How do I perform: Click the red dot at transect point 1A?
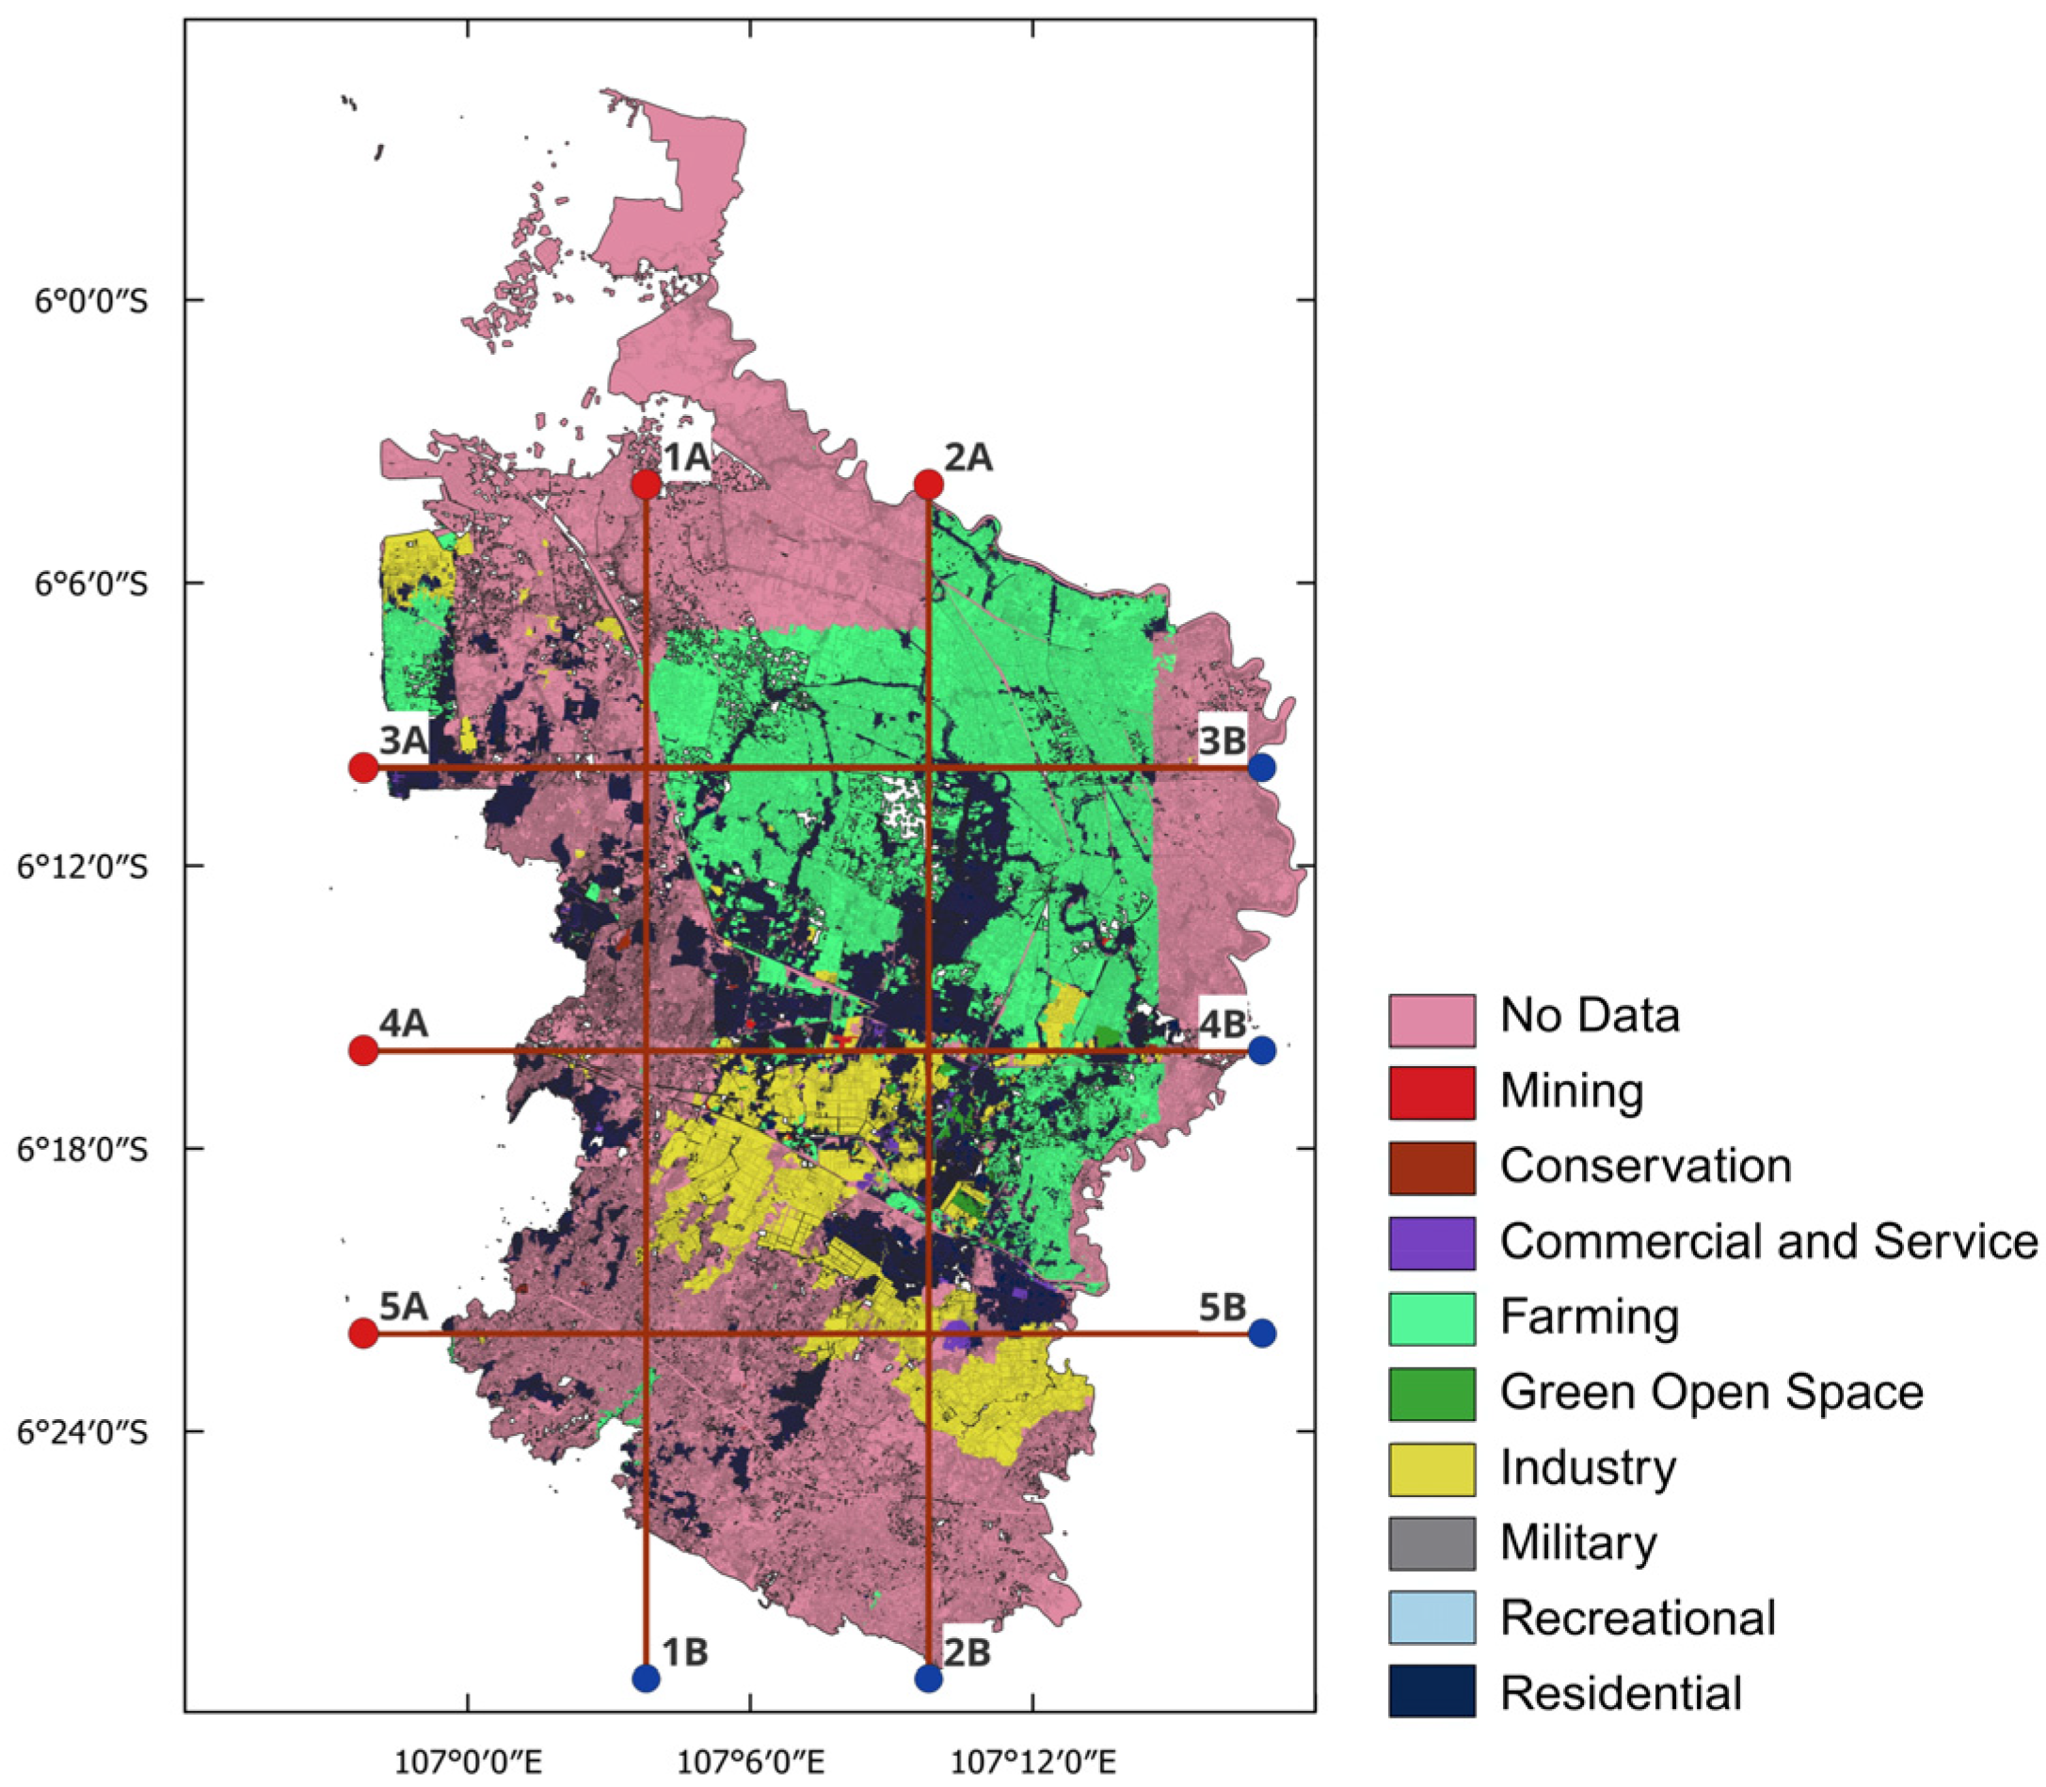click(647, 485)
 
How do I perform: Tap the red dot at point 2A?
click(928, 485)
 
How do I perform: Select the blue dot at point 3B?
click(1261, 767)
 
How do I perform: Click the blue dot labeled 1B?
click(647, 1678)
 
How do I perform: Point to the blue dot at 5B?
click(1261, 1332)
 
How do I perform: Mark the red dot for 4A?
click(364, 1050)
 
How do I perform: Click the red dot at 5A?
click(364, 1332)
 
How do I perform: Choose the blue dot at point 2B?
click(928, 1678)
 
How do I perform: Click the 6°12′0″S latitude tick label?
click(84, 866)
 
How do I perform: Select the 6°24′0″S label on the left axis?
click(84, 1432)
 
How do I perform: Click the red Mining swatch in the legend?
click(1431, 1092)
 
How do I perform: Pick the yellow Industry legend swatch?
click(1431, 1469)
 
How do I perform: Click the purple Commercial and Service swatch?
click(1431, 1242)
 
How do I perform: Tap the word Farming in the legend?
click(1589, 1316)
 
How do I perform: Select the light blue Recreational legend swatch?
click(1431, 1619)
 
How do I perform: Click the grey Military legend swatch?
click(1431, 1543)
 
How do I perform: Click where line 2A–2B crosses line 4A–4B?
click(928, 1050)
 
